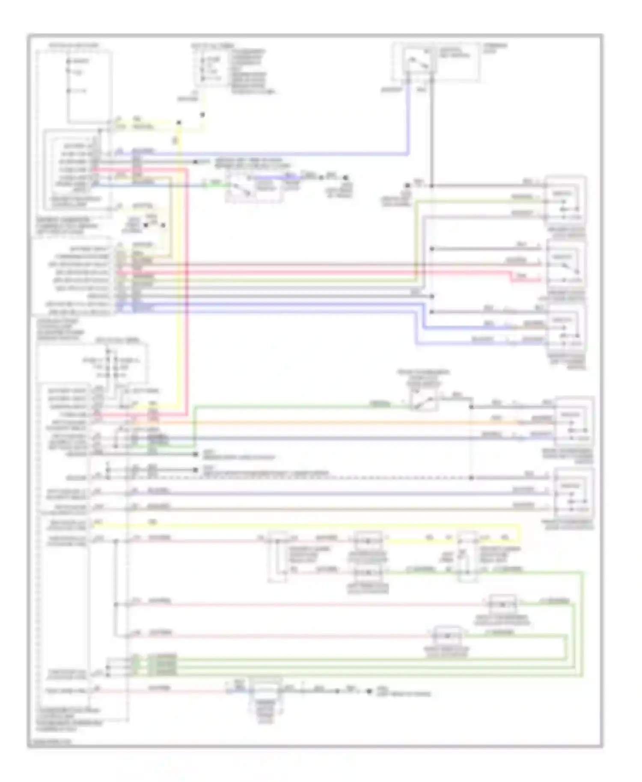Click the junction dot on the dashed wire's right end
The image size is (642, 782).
click(471, 477)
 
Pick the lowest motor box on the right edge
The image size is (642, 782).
click(574, 494)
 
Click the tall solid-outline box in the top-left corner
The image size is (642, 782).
click(89, 86)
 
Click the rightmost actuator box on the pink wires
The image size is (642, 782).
click(502, 604)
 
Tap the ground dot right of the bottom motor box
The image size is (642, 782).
click(369, 691)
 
